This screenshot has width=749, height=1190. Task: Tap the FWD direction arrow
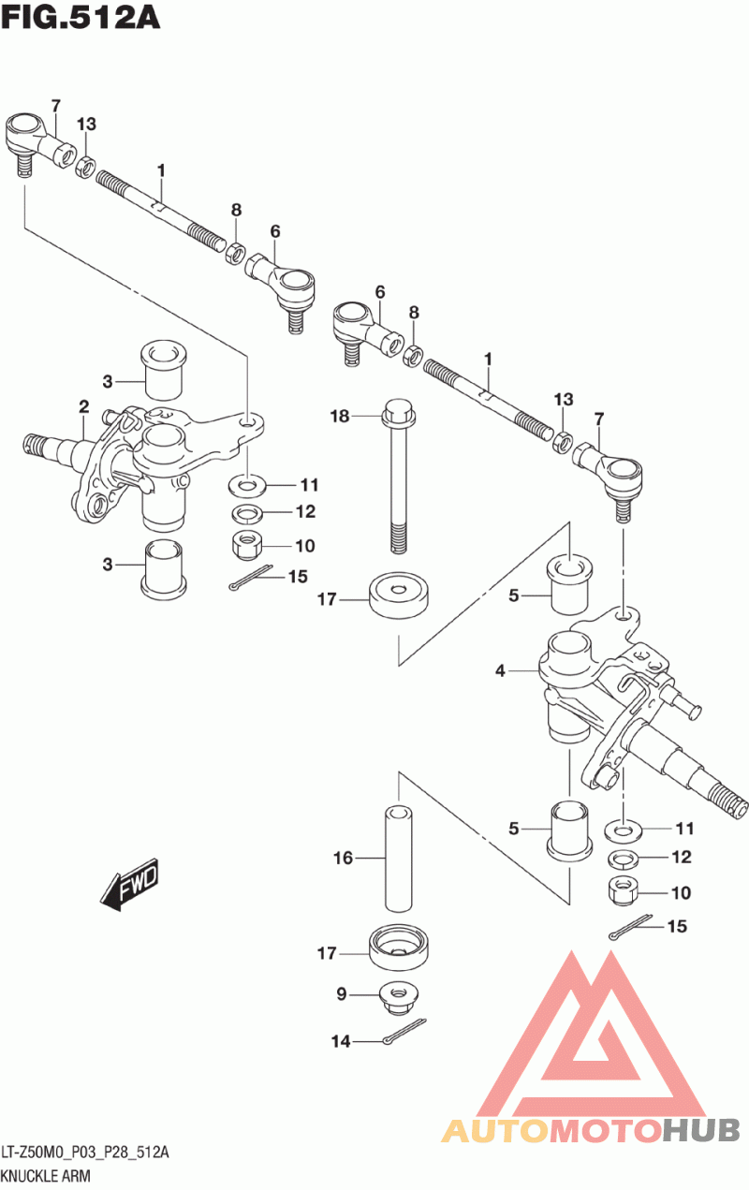131,882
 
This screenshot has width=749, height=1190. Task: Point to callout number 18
340,415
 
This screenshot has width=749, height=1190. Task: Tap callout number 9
342,994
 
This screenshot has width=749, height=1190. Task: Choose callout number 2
84,407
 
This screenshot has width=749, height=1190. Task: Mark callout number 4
501,670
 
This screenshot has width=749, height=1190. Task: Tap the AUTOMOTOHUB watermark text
590,1130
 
